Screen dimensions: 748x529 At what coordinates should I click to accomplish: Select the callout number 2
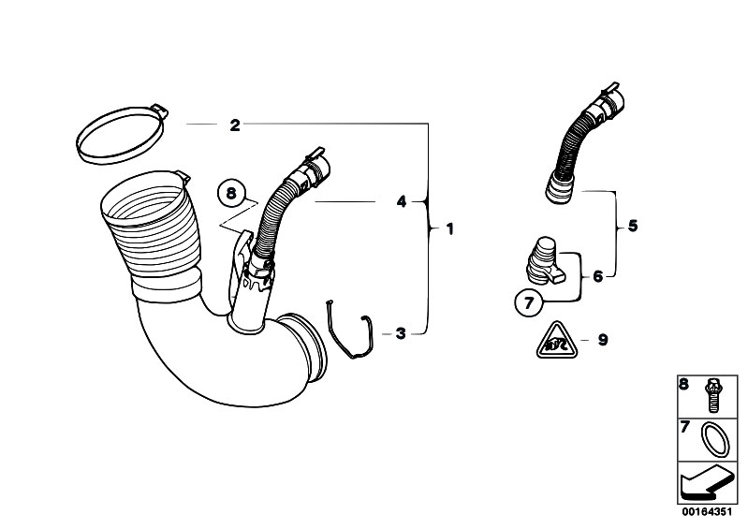point(235,125)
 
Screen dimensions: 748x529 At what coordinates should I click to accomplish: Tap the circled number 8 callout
point(231,193)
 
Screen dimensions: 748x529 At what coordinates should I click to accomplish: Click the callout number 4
point(402,202)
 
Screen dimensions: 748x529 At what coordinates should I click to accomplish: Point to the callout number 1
point(449,229)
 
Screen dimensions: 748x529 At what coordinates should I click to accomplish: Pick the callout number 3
point(401,333)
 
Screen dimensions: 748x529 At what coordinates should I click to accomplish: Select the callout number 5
point(633,225)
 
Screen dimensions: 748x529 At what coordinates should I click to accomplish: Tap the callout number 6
point(598,276)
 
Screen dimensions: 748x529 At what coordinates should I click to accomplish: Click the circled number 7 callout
point(529,302)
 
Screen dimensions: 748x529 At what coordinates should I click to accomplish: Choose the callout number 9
point(603,340)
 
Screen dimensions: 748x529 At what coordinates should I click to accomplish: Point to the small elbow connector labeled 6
point(544,262)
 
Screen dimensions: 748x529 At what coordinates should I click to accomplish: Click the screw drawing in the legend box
point(711,395)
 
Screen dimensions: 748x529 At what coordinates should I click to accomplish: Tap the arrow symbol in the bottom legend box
point(707,483)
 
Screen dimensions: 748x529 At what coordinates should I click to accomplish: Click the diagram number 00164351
point(706,512)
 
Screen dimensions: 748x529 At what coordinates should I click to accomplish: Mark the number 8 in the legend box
point(684,385)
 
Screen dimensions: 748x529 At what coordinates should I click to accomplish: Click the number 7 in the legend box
point(685,427)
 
